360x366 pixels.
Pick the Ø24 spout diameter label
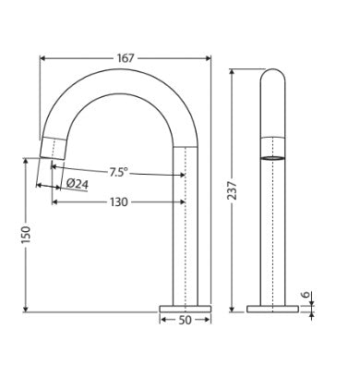coord(78,183)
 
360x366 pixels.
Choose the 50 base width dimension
coord(185,322)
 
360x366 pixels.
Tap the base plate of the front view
coord(185,306)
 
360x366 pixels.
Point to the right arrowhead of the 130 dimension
coord(185,200)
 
